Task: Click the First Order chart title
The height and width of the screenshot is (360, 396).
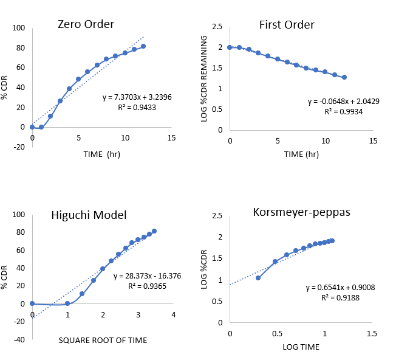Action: coord(287,25)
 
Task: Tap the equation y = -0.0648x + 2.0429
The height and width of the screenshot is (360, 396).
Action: coord(344,101)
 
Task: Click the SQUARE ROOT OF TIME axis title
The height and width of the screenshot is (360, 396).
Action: coord(102,340)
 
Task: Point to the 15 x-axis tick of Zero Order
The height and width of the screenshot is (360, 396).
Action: coord(171,138)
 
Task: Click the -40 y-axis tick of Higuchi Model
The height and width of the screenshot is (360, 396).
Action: coord(21,340)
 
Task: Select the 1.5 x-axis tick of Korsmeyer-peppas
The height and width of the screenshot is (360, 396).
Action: coord(372,333)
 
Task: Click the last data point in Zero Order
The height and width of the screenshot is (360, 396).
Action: coord(143,46)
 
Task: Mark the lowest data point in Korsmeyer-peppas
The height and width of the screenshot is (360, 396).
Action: coord(258,278)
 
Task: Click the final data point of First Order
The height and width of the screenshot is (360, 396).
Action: coord(344,77)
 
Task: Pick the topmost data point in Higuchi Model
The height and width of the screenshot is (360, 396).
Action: coord(154,231)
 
